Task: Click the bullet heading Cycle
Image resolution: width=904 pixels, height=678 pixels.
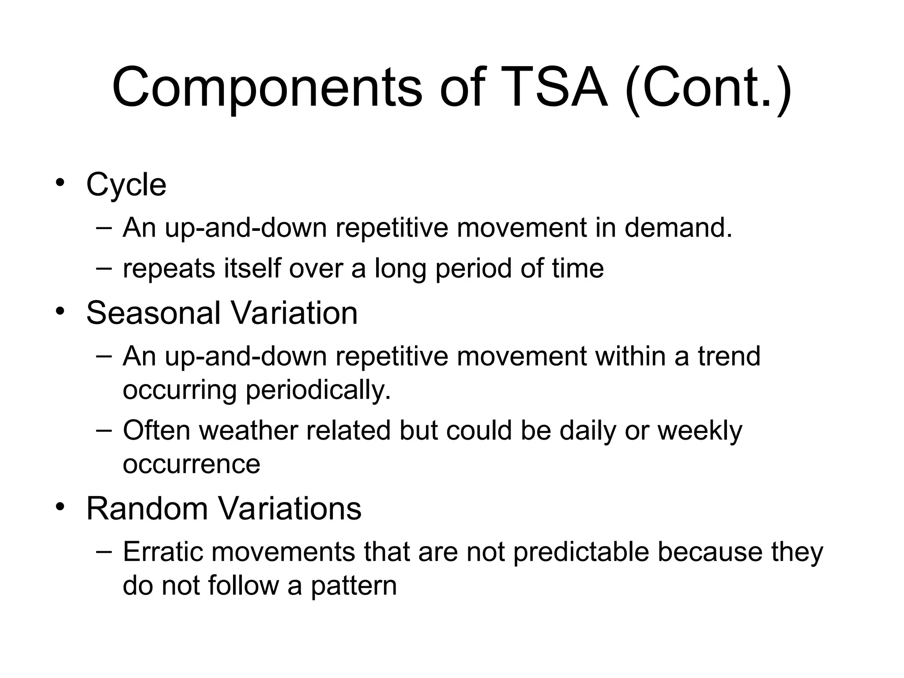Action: click(126, 185)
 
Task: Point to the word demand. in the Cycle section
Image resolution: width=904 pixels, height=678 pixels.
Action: click(678, 228)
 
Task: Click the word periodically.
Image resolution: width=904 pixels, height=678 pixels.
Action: click(318, 390)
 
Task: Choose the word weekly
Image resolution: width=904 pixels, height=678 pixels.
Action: click(700, 431)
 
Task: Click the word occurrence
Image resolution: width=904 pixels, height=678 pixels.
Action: click(191, 464)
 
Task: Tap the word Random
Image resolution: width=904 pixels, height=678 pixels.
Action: click(147, 508)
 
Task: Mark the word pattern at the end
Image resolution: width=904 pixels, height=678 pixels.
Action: click(354, 586)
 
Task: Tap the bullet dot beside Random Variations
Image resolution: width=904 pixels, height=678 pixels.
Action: click(60, 507)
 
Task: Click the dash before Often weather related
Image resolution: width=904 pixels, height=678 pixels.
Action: click(104, 429)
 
